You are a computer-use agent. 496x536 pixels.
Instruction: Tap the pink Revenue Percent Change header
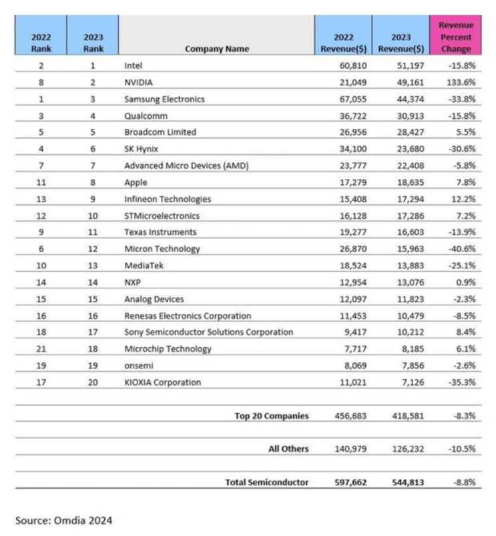456,37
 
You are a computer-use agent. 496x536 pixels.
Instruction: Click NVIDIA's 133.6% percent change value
460,82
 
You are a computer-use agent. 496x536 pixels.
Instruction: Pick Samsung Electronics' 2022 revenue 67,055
350,99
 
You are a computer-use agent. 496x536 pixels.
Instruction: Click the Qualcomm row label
146,115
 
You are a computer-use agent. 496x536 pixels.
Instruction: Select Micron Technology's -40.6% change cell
460,249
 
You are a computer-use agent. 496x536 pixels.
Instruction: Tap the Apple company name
136,182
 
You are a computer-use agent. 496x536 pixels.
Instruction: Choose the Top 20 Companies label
272,416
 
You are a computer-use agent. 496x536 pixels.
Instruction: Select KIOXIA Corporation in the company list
162,382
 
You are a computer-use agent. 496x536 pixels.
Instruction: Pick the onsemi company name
138,366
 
